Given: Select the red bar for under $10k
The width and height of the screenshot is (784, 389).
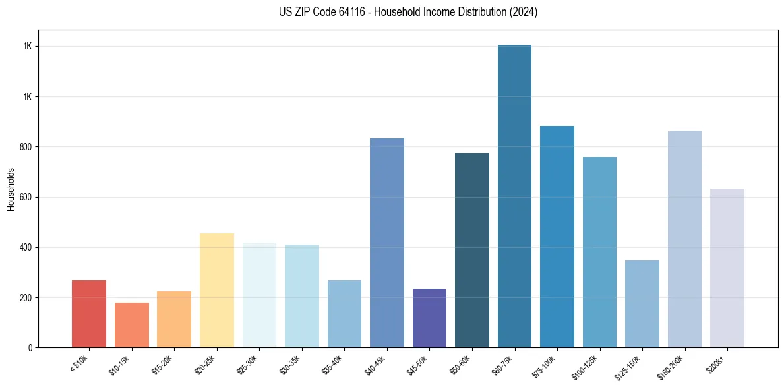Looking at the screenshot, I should pos(89,314).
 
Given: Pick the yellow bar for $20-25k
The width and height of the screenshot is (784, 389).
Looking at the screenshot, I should pos(217,290).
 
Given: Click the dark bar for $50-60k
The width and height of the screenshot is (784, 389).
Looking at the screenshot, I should pos(472,250).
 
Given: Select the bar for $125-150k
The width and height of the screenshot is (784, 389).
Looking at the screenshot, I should pos(642,304).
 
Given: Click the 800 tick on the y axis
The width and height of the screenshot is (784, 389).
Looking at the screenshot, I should pos(27,147).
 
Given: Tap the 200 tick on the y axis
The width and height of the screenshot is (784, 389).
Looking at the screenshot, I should pos(27,297).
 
